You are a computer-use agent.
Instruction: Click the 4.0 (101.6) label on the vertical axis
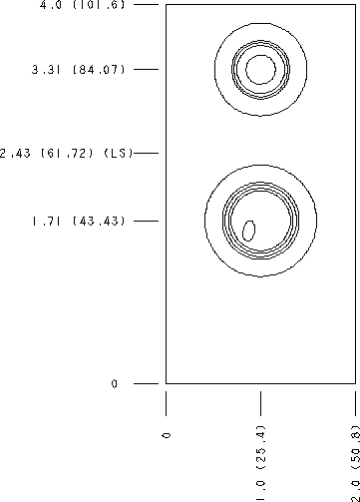coord(83,5)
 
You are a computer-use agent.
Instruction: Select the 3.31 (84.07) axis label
coord(79,70)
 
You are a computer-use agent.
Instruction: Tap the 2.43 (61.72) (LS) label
coord(66,154)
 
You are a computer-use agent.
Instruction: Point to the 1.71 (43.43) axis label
coord(79,221)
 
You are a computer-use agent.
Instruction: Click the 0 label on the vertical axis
coord(115,384)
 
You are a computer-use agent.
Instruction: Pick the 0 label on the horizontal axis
coord(167,435)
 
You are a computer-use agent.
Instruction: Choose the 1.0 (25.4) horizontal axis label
coord(261,463)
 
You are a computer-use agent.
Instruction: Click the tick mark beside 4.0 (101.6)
coord(147,5)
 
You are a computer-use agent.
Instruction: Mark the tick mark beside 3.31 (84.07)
coord(147,69)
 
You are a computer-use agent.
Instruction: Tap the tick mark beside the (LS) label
coord(147,153)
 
